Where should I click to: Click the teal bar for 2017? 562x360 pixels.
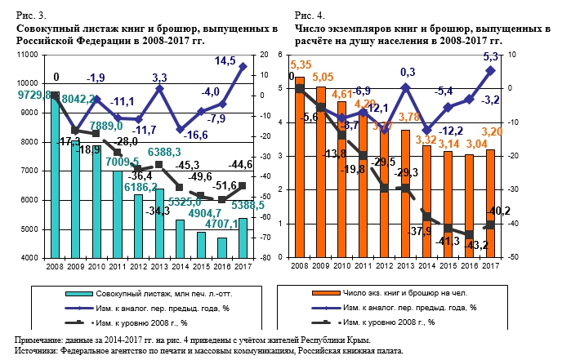click(243, 238)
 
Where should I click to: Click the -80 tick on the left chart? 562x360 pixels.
click(265, 258)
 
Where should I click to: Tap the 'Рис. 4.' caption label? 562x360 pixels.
click(310, 16)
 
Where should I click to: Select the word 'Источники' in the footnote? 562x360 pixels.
click(38, 350)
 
